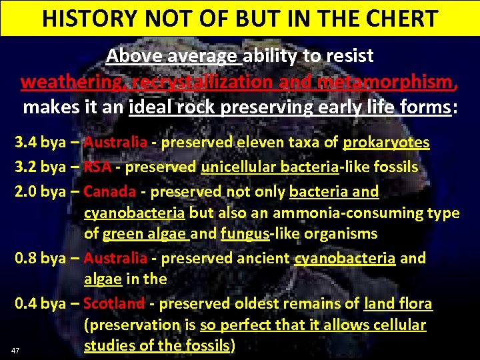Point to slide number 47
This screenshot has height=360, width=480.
point(15,350)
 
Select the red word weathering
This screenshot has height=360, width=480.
point(73,82)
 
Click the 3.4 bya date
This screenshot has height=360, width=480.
point(39,143)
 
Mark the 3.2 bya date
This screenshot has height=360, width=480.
point(39,167)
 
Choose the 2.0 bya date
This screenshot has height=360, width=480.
point(39,192)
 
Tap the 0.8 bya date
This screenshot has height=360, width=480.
point(39,258)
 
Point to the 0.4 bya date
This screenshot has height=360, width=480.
point(39,304)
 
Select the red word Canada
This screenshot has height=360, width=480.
point(110,192)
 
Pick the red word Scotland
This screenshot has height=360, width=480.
point(114,304)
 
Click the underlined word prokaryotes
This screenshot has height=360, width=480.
point(386,143)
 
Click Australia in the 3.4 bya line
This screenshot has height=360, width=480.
point(115,143)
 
